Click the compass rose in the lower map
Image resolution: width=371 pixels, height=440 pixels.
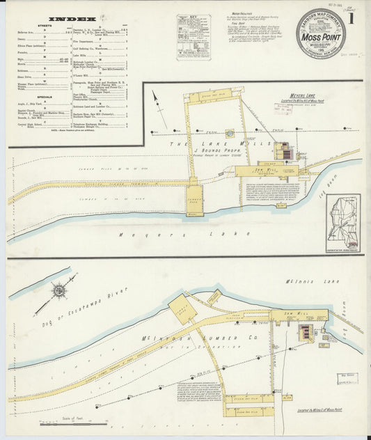coord(58,289)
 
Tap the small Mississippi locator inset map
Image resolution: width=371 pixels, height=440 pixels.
coord(343,223)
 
